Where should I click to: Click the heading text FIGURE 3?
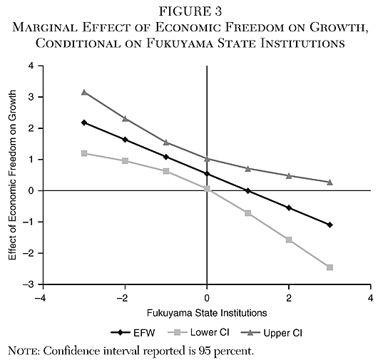(189, 12)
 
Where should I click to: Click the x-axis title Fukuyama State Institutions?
(207, 312)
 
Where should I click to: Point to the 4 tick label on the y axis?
(31, 66)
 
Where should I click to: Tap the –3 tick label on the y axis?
(29, 284)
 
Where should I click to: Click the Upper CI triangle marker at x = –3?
(84, 92)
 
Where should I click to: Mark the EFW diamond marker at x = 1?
(248, 190)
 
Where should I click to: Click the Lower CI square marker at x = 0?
(208, 188)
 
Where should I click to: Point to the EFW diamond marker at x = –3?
(84, 123)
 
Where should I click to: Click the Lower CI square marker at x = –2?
(126, 161)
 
